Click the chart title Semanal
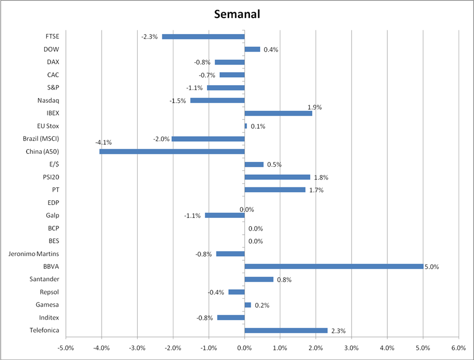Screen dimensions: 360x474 (237, 14)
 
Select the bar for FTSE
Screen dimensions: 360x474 (203, 37)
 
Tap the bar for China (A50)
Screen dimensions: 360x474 (172, 151)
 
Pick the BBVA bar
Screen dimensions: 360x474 (334, 266)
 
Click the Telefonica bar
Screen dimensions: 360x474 (286, 330)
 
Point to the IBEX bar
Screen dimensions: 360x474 (278, 113)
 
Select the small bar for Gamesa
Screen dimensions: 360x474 (248, 305)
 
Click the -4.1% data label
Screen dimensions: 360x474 (103, 143)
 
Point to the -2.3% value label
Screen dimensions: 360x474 (149, 37)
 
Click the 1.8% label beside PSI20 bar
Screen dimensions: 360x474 (321, 177)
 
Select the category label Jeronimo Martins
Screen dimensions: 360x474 (34, 253)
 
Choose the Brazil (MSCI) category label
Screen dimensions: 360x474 (41, 138)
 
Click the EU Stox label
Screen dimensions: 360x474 (48, 126)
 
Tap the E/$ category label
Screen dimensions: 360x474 (54, 164)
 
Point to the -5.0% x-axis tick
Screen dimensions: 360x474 (65, 348)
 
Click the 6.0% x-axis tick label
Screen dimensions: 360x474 (458, 348)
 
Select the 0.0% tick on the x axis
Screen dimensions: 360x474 (244, 348)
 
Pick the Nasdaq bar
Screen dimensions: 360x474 (217, 100)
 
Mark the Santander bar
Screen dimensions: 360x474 (259, 279)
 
